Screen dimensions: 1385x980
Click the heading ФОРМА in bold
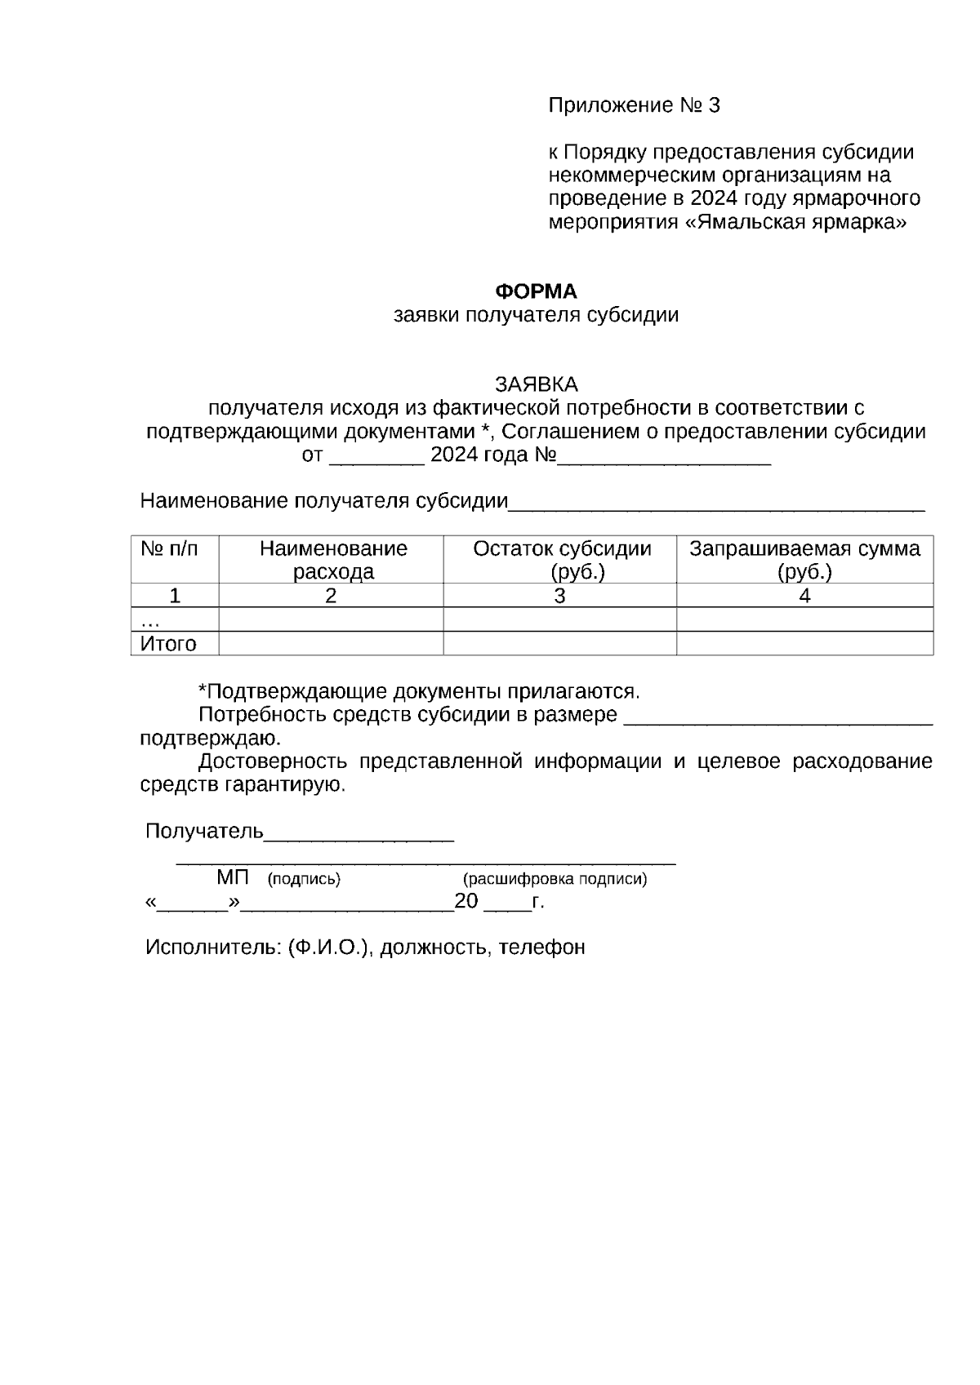537,291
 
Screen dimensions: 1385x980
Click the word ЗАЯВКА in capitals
537,384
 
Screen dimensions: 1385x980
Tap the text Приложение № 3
635,105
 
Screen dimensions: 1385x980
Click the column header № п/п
169,549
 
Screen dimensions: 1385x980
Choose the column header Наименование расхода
332,560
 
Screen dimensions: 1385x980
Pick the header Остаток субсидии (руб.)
562,560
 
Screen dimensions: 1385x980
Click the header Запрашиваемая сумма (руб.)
804,560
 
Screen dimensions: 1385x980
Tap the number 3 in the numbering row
559,597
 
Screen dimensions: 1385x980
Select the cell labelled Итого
169,644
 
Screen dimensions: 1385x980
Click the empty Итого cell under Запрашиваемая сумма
804,644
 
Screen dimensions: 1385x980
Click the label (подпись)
304,879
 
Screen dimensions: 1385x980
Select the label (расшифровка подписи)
555,879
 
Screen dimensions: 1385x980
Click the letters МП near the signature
233,878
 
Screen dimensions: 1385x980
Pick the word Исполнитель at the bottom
212,948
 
